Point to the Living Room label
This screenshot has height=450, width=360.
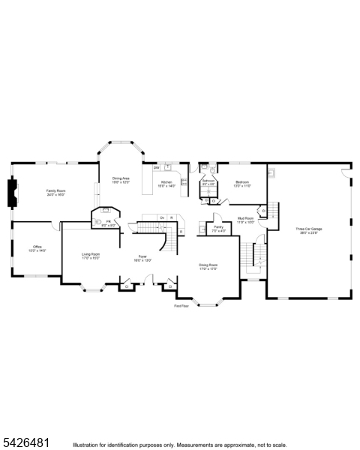[x=91, y=255]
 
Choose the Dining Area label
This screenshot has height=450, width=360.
[x=121, y=178]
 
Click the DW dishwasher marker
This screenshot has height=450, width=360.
[x=156, y=167]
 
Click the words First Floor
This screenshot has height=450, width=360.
[x=181, y=306]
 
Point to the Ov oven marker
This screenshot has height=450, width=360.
[x=162, y=217]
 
